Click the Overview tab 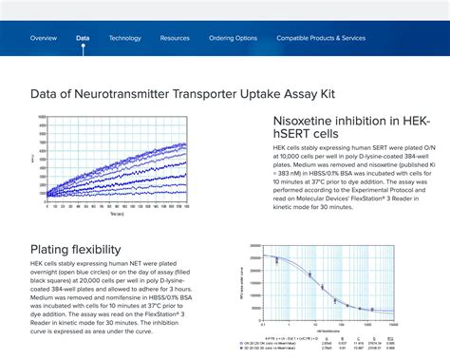coord(44,38)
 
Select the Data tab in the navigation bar coord(83,38)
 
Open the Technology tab coord(124,38)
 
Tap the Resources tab coord(175,38)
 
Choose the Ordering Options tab coord(233,38)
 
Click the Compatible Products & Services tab coord(321,38)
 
